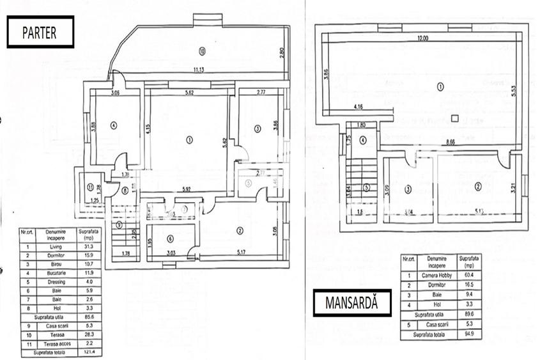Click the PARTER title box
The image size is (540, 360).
[x=40, y=32]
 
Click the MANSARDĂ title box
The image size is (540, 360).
[x=352, y=303]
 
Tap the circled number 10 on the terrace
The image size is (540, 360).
[x=202, y=51]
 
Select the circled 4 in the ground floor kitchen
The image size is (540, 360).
[x=113, y=125]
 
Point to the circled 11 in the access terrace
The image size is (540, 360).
[x=90, y=187]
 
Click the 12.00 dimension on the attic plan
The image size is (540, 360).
[x=422, y=38]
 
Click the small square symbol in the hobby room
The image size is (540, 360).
[x=454, y=117]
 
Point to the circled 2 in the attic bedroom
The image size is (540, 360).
[x=477, y=186]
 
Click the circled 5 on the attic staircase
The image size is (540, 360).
[x=367, y=187]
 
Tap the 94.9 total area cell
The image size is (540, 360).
[x=470, y=334]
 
